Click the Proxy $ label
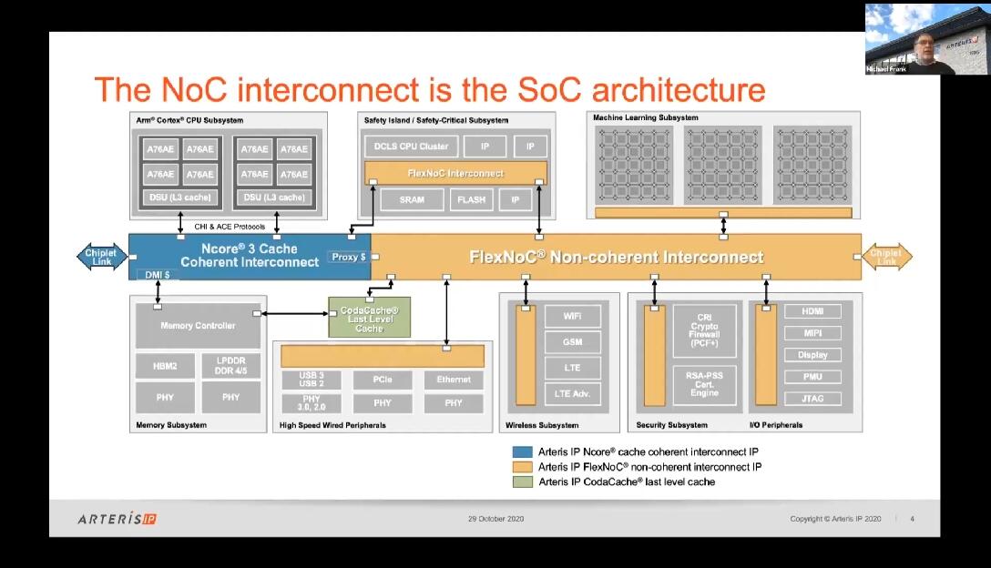348,258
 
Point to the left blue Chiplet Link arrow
101,257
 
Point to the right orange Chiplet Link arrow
886,257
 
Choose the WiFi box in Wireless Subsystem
572,316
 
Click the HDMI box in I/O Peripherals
812,311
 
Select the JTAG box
812,398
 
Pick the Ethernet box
454,379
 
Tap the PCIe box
383,379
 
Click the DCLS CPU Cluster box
407,147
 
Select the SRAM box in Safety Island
412,199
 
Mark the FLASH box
471,199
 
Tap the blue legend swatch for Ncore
522,451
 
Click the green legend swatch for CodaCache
522,482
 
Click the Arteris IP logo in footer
117,519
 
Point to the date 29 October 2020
495,519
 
